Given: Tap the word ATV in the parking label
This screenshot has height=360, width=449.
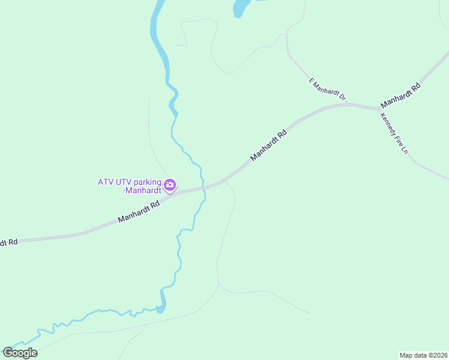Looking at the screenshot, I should [106, 182].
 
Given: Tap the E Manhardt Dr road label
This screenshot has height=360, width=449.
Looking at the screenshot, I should [328, 89].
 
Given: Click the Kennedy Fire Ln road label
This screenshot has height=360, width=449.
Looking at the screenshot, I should [394, 134].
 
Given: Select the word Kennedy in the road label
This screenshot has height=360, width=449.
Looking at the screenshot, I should [387, 124].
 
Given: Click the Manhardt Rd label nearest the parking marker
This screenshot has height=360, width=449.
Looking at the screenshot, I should [139, 212].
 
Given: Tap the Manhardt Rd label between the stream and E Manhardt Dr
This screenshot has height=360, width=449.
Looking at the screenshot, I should [268, 145].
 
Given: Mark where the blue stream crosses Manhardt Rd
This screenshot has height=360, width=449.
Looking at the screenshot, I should [203, 187].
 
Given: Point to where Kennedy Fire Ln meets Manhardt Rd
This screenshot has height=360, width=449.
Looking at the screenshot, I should [379, 109].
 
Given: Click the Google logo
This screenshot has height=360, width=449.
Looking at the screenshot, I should [20, 353].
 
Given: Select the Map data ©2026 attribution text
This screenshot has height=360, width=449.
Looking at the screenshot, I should [423, 355].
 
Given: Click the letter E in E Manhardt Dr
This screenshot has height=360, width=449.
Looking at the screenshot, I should [312, 79].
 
